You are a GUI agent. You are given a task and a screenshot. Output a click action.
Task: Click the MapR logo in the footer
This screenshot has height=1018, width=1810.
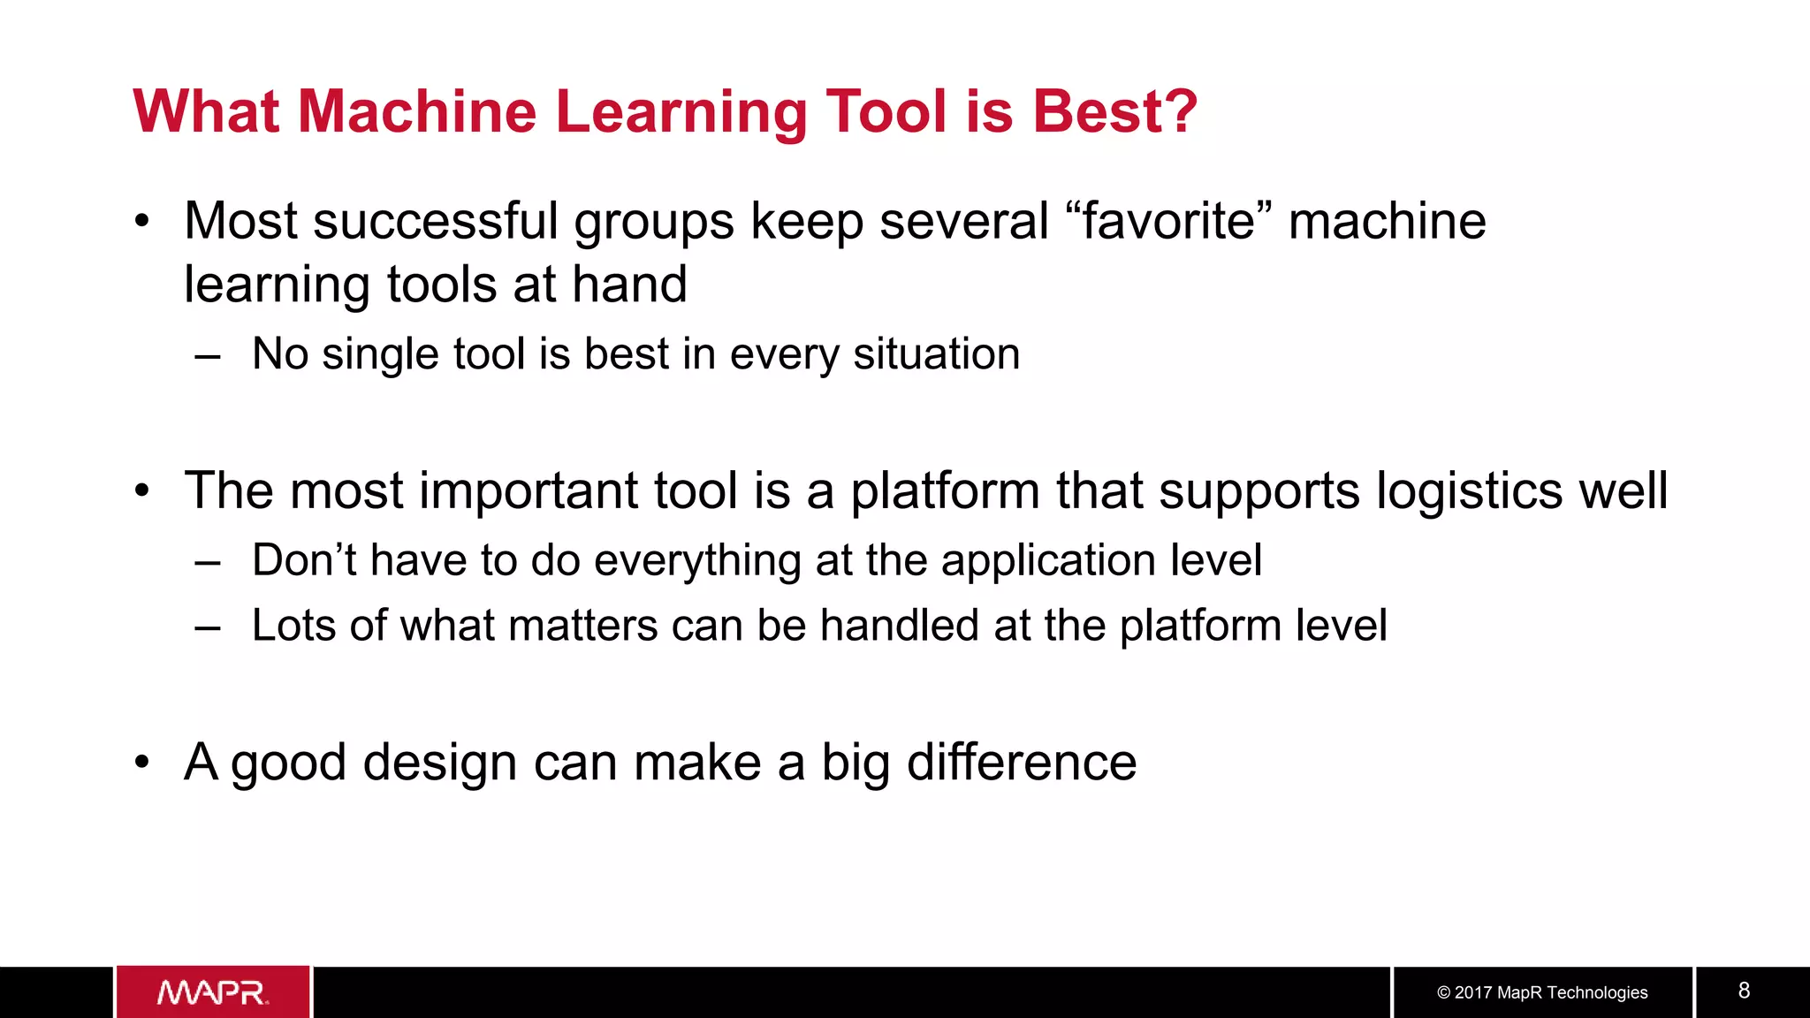coord(213,992)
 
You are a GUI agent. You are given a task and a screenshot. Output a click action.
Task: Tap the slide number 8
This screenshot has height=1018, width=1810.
coord(1744,991)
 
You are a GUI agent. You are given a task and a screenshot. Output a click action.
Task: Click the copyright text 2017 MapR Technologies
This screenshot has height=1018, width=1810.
coord(1542,992)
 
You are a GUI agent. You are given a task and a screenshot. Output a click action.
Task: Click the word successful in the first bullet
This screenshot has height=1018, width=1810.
coord(435,221)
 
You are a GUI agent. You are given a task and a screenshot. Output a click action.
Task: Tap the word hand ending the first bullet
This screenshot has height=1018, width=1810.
coord(629,285)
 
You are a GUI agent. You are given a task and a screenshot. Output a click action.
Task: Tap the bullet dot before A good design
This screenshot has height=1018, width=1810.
coord(142,761)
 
